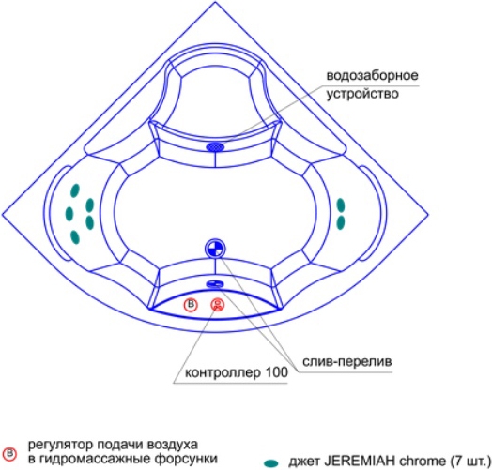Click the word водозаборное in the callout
coord(372,76)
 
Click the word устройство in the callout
coord(362,94)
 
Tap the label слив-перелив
coord(347,361)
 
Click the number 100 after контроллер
coord(277,372)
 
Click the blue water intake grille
coord(215,146)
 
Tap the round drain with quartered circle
coord(215,249)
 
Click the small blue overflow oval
coord(215,283)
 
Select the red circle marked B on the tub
coord(191,305)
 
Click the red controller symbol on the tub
coord(218,305)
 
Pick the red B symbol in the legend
coord(9,454)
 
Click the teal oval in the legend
coord(271,463)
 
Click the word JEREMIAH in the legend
coord(360,462)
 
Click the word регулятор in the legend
coord(60,445)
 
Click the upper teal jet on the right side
coord(341,205)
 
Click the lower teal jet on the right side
coord(341,222)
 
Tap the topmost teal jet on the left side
coord(75,190)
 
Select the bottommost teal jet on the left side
coord(75,237)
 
